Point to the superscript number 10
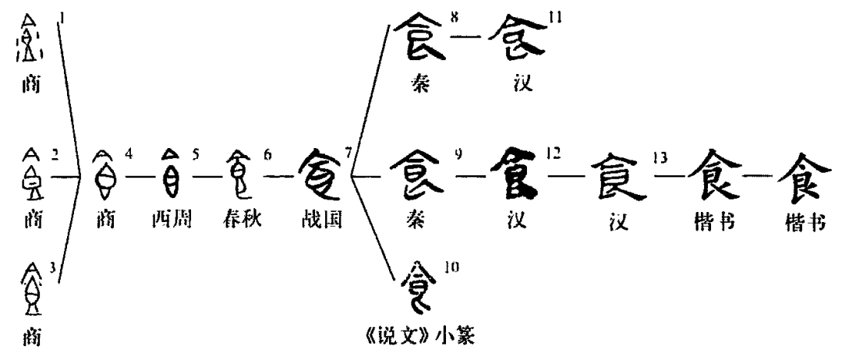tap(451, 267)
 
